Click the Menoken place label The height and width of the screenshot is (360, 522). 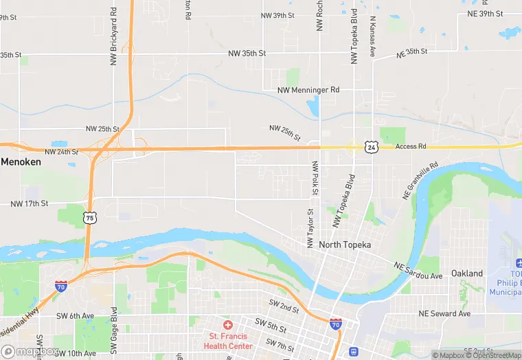(21, 162)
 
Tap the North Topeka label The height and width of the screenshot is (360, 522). (345, 245)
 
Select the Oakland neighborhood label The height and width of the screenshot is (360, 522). (467, 273)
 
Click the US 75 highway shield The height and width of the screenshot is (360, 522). (89, 218)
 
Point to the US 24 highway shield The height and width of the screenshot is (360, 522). (371, 147)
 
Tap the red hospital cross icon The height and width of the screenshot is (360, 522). (228, 324)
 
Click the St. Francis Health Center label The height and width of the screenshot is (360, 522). (228, 341)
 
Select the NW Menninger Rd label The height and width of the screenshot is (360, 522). (308, 90)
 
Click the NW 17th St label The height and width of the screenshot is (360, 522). (30, 203)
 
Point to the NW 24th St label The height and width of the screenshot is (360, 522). (61, 152)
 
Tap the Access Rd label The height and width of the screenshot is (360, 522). (411, 146)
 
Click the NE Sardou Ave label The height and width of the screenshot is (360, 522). (418, 270)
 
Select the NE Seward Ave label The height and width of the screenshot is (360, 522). (444, 313)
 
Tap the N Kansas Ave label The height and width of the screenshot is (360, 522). (373, 37)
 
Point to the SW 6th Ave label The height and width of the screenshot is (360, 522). (81, 315)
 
